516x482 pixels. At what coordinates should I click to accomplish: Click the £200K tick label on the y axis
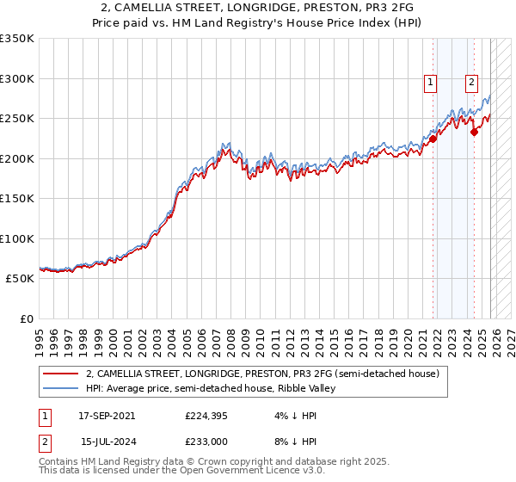pyautogui.click(x=17, y=158)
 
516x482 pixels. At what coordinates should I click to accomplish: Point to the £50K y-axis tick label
pyautogui.click(x=20, y=279)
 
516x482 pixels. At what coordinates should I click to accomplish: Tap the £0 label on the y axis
pyautogui.click(x=28, y=319)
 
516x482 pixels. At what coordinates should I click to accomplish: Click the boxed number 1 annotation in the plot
pyautogui.click(x=430, y=83)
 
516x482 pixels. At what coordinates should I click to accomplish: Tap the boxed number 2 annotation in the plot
pyautogui.click(x=472, y=83)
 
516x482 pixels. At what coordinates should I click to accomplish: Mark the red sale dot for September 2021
pyautogui.click(x=433, y=139)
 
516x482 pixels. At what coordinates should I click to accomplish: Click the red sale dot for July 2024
pyautogui.click(x=474, y=132)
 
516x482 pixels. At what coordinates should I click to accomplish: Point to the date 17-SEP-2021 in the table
pyautogui.click(x=107, y=415)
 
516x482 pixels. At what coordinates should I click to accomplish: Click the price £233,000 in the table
pyautogui.click(x=207, y=441)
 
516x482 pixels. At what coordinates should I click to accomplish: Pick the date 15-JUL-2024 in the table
pyautogui.click(x=107, y=441)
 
